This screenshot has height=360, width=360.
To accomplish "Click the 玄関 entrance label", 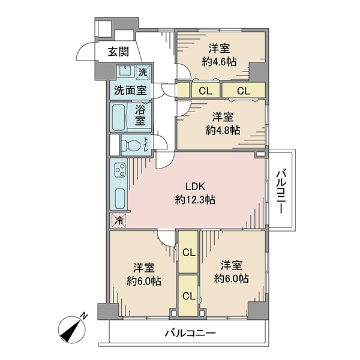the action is tap(118, 52).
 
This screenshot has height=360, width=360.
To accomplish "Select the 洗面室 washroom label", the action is tap(130, 90).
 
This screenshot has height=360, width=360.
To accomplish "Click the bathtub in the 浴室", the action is tap(118, 117).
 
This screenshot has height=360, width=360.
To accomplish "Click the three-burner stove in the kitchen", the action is tap(121, 170).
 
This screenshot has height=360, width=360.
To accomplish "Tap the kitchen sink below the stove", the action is tap(120, 199).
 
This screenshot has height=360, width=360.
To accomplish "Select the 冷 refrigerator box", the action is tap(118, 221).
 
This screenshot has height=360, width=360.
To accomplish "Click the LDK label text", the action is tap(195, 187).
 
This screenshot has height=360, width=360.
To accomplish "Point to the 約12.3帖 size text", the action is tap(195, 200).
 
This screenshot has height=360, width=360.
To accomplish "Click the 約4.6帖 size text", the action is tap(219, 62).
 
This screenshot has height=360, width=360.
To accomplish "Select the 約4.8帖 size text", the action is tap(223, 130).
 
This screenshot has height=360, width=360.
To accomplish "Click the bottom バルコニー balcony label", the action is tap(190, 333).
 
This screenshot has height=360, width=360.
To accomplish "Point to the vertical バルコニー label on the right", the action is tap(281, 191).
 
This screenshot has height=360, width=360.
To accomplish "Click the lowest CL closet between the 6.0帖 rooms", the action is tap(188, 296).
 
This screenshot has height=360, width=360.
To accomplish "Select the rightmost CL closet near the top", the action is tap(244, 91).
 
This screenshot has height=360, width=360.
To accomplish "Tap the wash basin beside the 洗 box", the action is tap(125, 70).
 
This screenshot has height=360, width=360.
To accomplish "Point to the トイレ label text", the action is tap(146, 144).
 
